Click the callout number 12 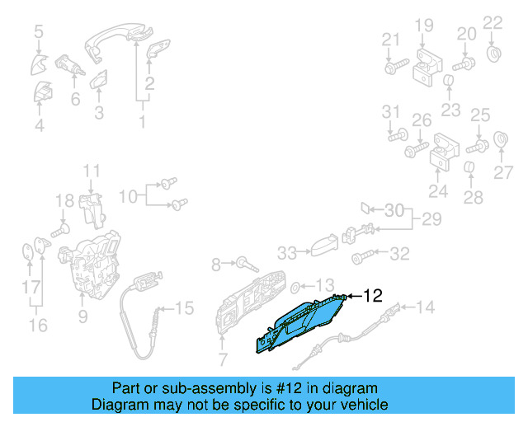[374, 295]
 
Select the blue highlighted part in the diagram [301, 322]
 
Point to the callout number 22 [492, 22]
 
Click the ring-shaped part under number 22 [494, 55]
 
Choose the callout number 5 [39, 32]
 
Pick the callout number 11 [91, 171]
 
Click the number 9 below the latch [82, 316]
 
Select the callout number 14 [424, 308]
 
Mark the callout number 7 [221, 359]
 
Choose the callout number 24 [437, 193]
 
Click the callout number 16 [38, 325]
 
